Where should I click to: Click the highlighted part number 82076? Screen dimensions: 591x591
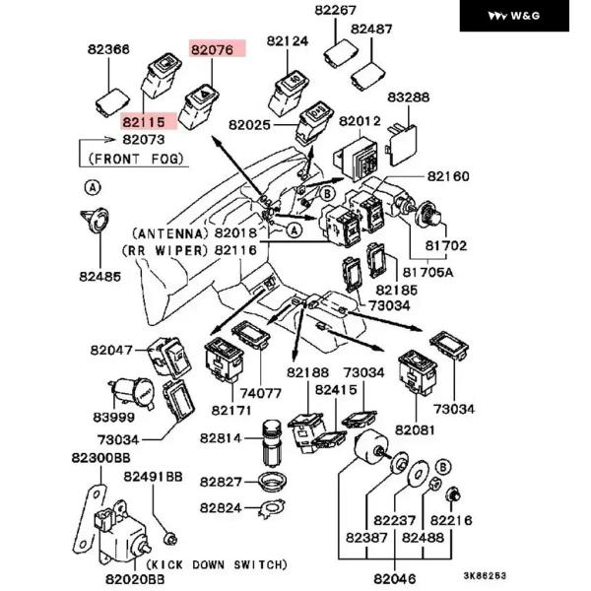pos(214,48)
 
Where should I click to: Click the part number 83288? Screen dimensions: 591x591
pos(409,98)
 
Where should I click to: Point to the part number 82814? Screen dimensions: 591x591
pos(223,437)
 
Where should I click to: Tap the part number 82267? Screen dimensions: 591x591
pos(335,11)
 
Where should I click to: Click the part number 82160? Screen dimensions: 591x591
pos(448,176)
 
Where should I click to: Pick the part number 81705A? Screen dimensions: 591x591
pos(430,273)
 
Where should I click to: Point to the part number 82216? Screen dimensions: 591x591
pos(452,520)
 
